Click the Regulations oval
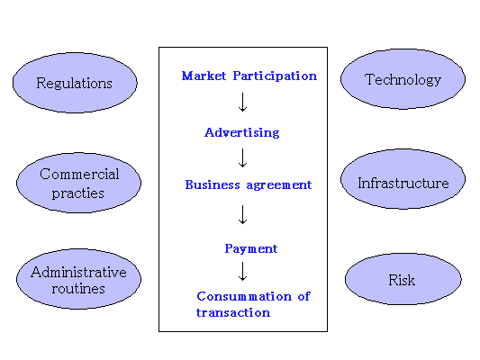coord(75,83)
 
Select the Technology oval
coord(403,79)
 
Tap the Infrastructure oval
coord(403,179)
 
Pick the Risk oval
coord(403,279)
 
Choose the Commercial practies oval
coord(78,183)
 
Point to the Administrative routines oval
coord(78,279)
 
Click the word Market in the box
coord(204,76)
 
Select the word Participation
coord(275,76)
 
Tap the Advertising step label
coord(242,132)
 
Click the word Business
coord(213,184)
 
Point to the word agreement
coord(279,185)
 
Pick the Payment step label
coord(251,248)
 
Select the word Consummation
coord(244,296)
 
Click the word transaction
coord(233,312)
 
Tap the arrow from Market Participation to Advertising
coord(243,103)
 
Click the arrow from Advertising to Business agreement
coord(243,158)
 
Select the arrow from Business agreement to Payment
coord(243,215)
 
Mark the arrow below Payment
coord(243,271)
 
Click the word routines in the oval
coord(78,289)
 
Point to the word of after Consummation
coord(304,296)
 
